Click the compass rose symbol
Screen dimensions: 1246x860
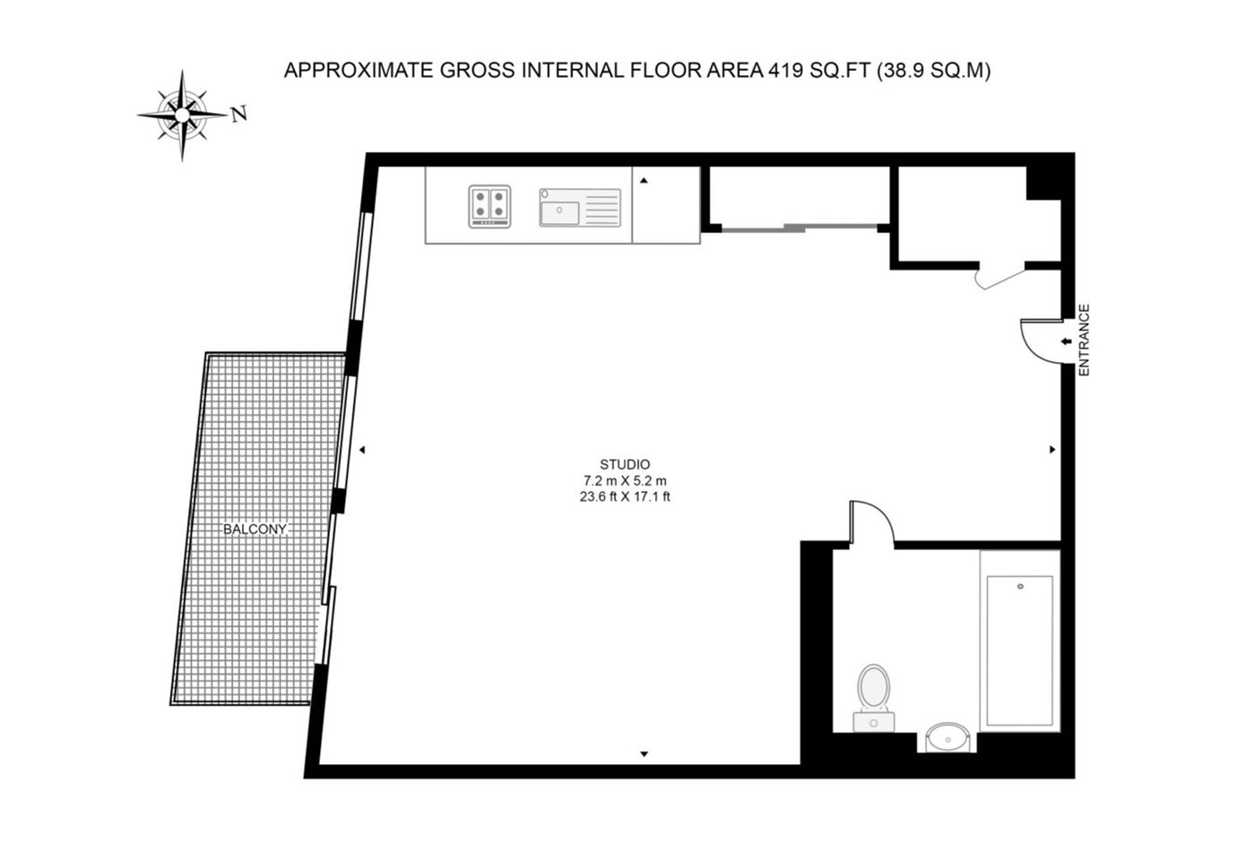(x=182, y=115)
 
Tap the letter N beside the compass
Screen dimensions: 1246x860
(x=239, y=114)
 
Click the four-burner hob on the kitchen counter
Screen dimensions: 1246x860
(x=489, y=206)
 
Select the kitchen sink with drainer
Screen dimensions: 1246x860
(x=580, y=207)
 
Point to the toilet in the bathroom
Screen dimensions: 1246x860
(x=873, y=698)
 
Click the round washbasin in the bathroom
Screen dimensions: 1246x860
(x=947, y=737)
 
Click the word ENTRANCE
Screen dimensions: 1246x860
(x=1084, y=340)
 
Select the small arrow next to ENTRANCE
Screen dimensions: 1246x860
(x=1066, y=341)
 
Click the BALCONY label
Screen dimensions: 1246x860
(x=255, y=529)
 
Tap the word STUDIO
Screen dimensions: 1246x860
(x=625, y=464)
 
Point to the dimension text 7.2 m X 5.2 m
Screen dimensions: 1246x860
(x=625, y=480)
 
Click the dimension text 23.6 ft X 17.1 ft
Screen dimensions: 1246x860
(x=625, y=496)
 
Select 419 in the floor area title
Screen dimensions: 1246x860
(x=785, y=71)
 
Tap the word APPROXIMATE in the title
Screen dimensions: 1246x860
(x=359, y=71)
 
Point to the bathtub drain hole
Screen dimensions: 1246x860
(x=1020, y=586)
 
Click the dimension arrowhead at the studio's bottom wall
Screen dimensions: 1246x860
(x=645, y=754)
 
